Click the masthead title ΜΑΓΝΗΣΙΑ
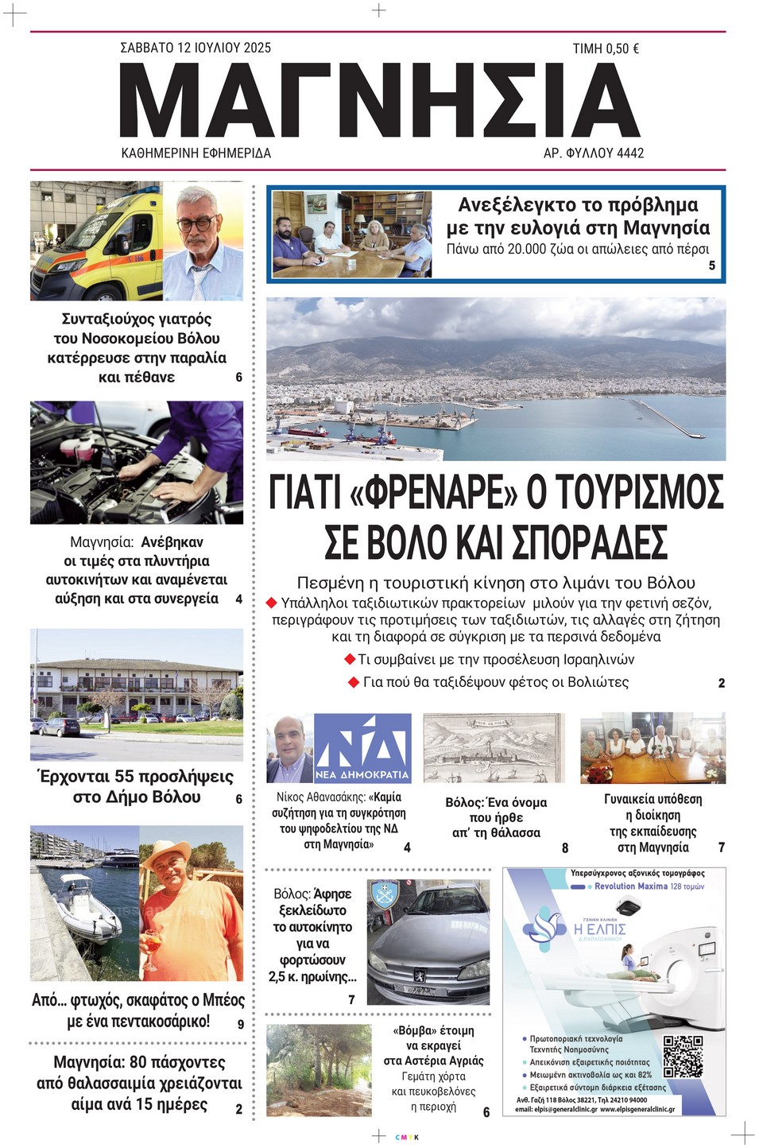(380, 100)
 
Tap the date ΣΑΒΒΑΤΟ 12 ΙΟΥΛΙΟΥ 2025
(196, 48)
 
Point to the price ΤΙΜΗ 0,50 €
(606, 48)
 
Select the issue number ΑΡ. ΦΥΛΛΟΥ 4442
(593, 153)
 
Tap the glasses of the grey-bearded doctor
(196, 223)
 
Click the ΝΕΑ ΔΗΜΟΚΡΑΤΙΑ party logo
(362, 748)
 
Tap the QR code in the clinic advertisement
(683, 1054)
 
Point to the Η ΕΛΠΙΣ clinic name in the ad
(600, 929)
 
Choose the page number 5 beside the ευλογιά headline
(712, 266)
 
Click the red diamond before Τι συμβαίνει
(349, 659)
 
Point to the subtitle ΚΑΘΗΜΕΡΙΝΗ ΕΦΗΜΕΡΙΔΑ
(196, 153)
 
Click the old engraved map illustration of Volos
(494, 748)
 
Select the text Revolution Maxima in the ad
(630, 886)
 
